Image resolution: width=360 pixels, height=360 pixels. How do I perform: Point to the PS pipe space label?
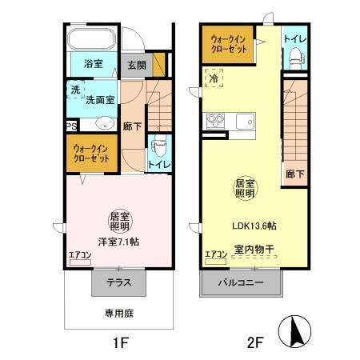70,125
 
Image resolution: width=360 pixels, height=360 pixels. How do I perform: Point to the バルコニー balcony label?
241,282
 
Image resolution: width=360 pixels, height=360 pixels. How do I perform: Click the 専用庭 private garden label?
118,314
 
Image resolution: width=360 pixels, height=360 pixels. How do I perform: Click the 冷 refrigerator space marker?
214,78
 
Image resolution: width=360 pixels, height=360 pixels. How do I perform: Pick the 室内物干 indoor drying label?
254,250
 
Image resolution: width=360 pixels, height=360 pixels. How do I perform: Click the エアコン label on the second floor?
216,254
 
